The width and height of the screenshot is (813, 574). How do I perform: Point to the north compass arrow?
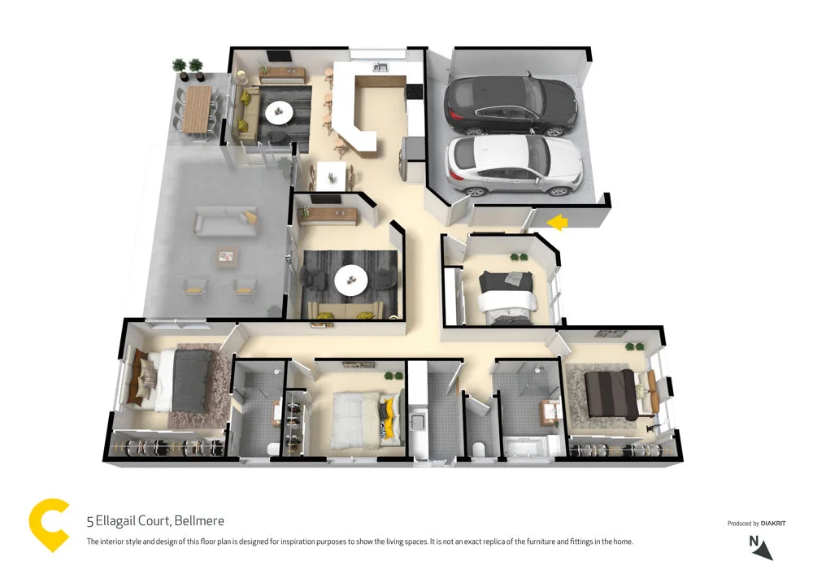763,551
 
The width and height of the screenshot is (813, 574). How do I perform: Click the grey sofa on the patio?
225,220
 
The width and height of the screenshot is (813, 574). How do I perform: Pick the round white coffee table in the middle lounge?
351,280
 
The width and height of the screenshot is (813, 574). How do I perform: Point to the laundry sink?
420,422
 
